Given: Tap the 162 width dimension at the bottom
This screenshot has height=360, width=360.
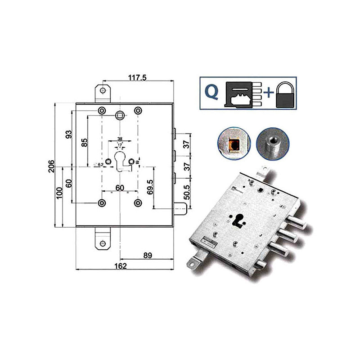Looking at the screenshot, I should coord(120,266).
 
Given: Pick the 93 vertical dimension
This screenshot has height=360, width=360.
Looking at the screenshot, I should coord(68,135).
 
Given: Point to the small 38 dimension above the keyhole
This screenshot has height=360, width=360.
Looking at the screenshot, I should coord(120,139).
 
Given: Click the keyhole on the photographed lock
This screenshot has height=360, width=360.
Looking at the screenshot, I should coord(238,220).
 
